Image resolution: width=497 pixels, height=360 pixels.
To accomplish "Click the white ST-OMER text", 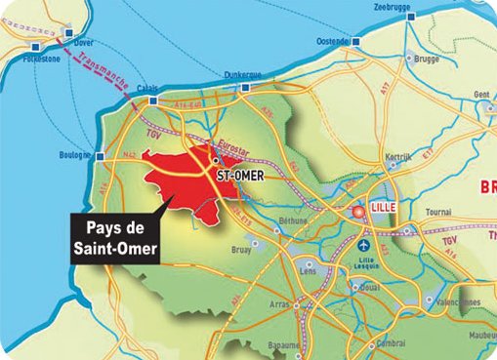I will (237, 176).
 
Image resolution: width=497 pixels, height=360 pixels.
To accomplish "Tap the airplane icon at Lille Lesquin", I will (365, 245).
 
